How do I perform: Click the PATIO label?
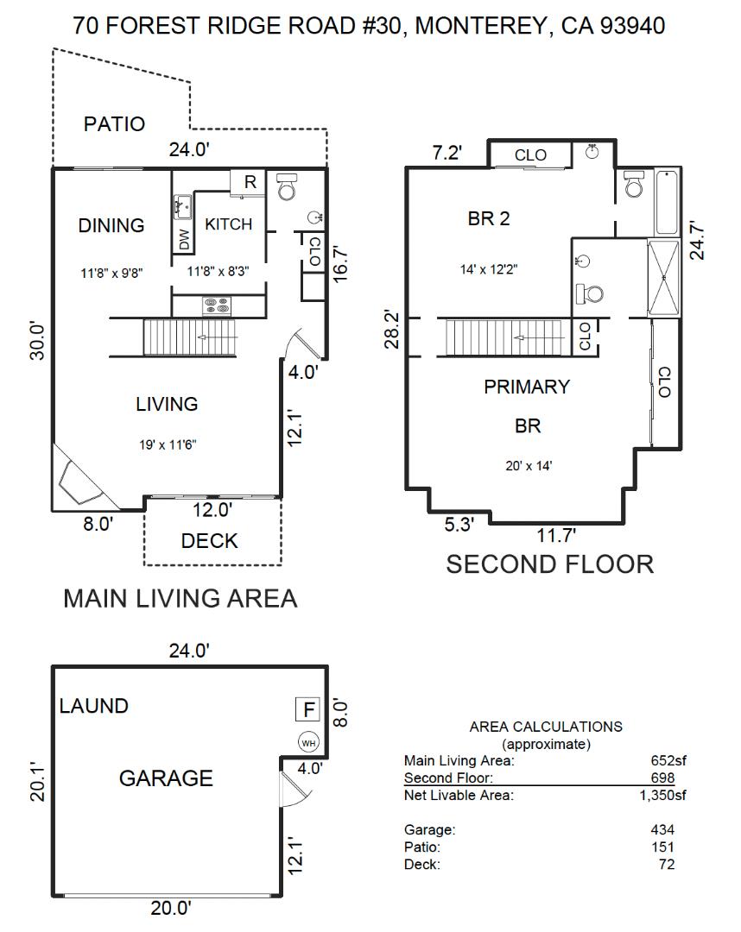[114, 124]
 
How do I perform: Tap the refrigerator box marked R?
[250, 182]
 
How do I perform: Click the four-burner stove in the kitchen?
[217, 305]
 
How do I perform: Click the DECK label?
[210, 541]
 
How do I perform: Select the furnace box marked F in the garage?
[307, 710]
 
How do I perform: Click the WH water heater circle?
[307, 741]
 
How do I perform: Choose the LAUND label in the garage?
[93, 706]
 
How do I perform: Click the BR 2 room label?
[489, 219]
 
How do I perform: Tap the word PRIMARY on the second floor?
[527, 387]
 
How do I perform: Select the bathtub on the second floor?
[666, 204]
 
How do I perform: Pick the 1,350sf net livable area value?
[659, 795]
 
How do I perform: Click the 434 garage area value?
[662, 829]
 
